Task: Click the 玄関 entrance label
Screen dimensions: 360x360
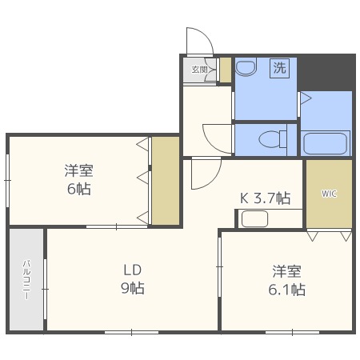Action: point(199,70)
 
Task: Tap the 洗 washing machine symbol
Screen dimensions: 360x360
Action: point(279,68)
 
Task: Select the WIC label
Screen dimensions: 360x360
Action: point(329,194)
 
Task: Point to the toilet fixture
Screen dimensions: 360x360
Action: point(273,139)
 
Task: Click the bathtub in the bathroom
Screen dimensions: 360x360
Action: point(326,143)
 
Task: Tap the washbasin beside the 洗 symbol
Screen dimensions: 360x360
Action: point(246,66)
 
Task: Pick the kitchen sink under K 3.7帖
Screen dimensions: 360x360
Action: point(254,219)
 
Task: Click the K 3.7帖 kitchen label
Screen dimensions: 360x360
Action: point(265,198)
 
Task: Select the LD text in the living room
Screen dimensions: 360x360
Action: point(132,270)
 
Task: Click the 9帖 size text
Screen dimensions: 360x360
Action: point(133,288)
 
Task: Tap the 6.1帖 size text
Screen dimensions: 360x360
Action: point(286,290)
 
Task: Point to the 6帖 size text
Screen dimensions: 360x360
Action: point(78,189)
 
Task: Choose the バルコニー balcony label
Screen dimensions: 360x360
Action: point(26,279)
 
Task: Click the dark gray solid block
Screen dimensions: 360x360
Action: point(326,72)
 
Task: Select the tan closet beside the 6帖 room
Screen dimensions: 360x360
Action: point(166,181)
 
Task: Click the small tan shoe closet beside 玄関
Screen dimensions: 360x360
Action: point(226,70)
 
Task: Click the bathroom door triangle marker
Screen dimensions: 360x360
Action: point(306,98)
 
